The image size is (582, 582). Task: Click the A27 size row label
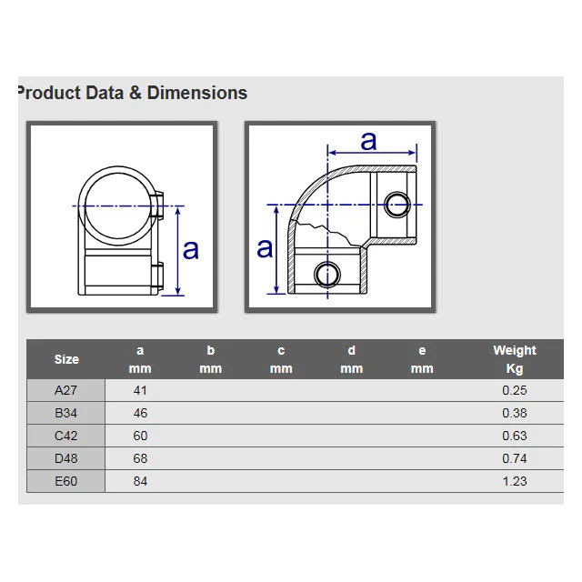65,390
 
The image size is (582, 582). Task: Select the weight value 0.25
515,390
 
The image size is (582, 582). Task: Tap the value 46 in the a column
140,413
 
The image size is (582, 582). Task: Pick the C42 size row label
65,436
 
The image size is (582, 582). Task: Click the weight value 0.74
515,458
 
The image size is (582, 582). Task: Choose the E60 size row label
65,481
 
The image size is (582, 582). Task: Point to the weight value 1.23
515,481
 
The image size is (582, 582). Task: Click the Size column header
66,359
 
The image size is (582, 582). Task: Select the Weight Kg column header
515,359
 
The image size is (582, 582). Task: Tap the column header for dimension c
281,359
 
